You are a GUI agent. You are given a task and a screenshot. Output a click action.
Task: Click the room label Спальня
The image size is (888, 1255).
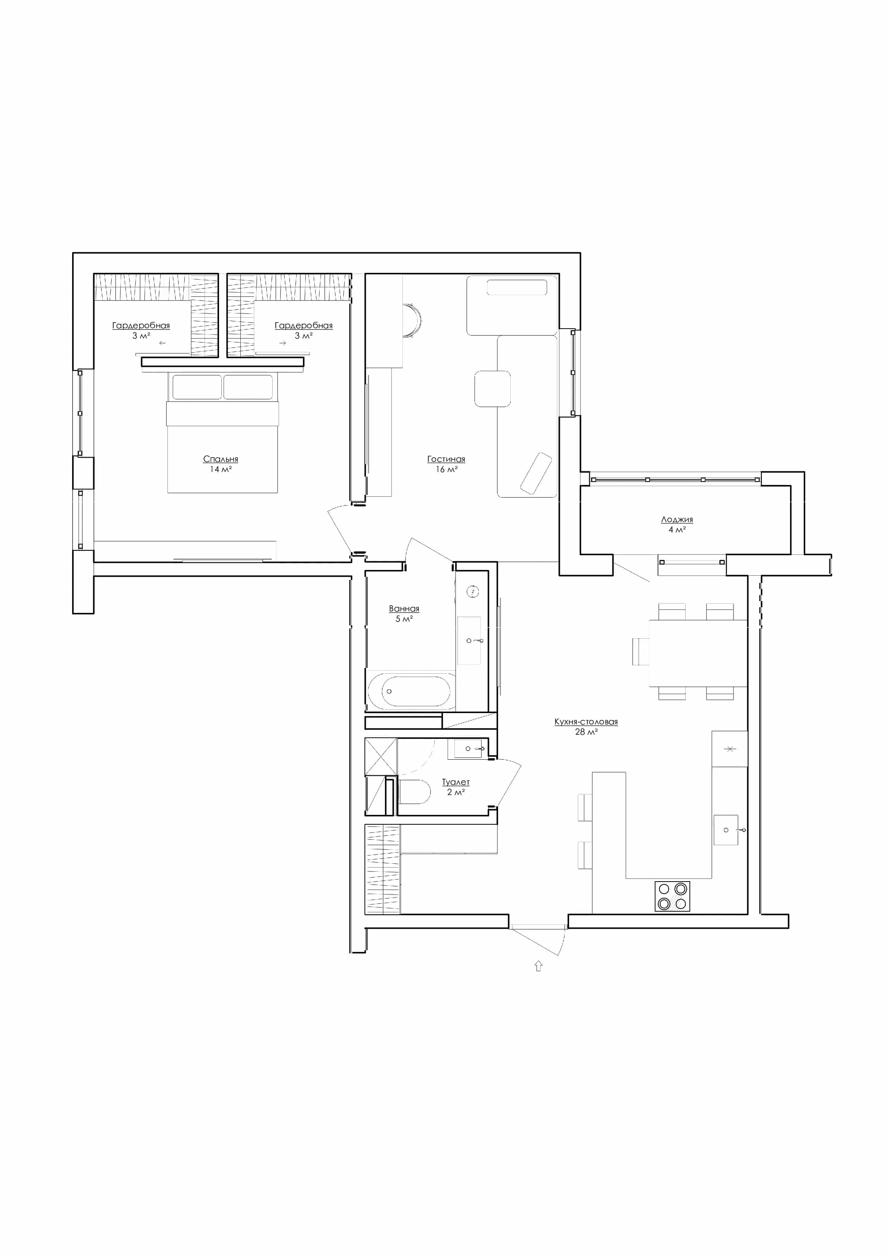(x=220, y=459)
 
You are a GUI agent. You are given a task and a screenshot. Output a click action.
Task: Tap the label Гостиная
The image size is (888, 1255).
(x=446, y=459)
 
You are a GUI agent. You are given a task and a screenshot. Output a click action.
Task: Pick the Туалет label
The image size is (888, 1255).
(x=456, y=782)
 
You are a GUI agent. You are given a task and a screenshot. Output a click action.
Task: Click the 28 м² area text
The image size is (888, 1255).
(x=586, y=732)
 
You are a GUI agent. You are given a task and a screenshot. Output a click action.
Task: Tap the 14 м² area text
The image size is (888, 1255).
(x=220, y=469)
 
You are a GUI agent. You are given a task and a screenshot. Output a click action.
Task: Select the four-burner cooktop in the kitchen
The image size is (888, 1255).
(x=673, y=896)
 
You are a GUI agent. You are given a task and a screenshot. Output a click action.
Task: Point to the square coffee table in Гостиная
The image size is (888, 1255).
(x=493, y=389)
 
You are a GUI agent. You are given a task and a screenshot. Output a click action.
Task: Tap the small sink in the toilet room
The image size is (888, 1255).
(x=468, y=748)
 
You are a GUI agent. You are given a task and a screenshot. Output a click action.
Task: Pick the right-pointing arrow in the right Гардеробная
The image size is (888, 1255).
(x=283, y=343)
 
